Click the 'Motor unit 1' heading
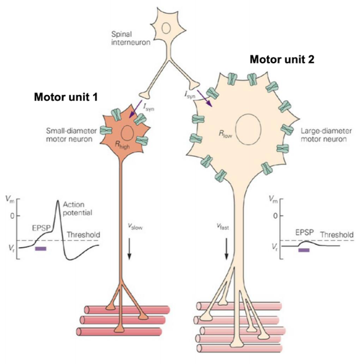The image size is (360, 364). tap(66, 97)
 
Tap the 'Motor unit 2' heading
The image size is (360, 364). tap(282, 59)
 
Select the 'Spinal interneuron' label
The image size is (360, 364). tap(130, 38)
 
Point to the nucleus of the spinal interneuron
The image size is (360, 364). tap(166, 28)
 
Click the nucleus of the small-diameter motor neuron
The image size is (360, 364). tap(127, 133)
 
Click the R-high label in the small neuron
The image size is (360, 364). tap(123, 145)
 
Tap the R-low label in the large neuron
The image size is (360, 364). tap(225, 135)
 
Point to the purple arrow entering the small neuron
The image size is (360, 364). tap(135, 109)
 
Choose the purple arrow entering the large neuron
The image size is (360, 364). tap(205, 98)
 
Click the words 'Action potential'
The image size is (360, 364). tap(78, 208)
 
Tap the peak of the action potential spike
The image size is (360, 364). tap(58, 201)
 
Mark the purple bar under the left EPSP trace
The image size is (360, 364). tap(41, 249)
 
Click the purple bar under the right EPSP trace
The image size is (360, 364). tap(304, 250)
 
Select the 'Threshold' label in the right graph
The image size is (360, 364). tap(337, 235)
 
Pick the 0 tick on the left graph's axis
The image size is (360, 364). tap(12, 216)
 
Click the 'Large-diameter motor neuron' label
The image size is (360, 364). tap(326, 135)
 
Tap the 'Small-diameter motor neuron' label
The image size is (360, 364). tap(72, 135)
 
